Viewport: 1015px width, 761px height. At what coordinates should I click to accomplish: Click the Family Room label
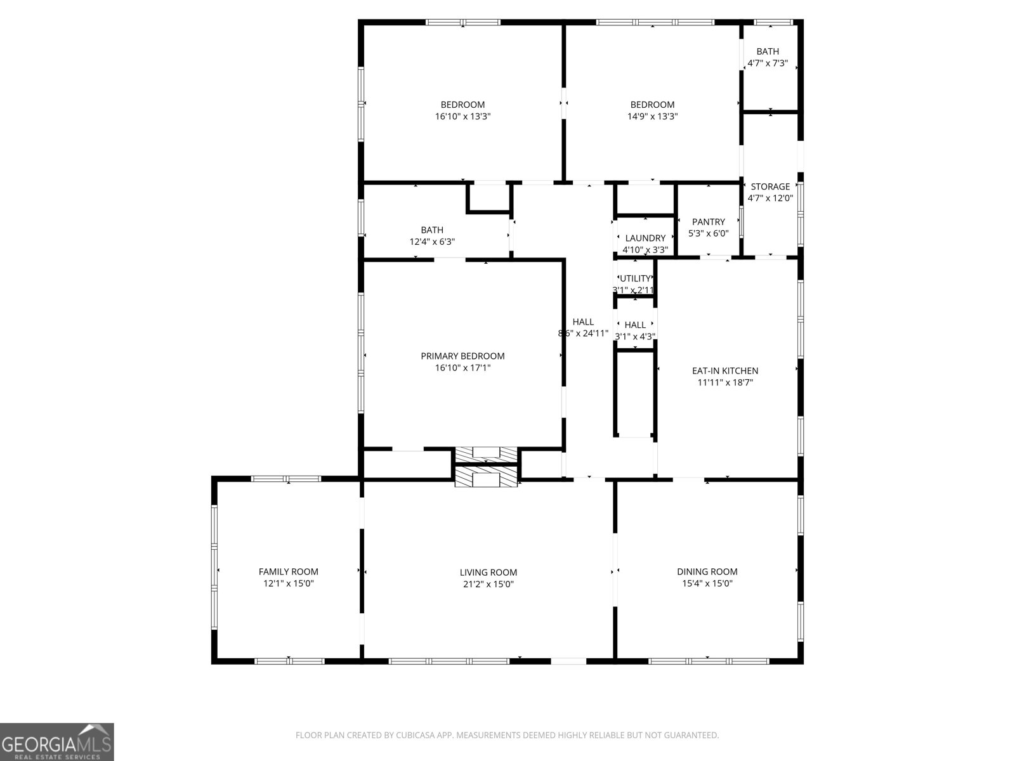pos(288,571)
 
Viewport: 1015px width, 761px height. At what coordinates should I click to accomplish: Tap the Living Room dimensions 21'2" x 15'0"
pos(488,584)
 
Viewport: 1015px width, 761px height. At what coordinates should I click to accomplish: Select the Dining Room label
pos(707,571)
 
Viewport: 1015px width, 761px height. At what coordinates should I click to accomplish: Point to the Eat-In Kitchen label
pos(724,370)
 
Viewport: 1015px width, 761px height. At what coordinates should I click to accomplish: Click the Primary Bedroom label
pos(462,356)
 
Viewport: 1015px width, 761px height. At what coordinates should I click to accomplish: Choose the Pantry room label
pos(708,221)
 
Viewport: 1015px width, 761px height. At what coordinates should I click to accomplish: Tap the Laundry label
pos(645,238)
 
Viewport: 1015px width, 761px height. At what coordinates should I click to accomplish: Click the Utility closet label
pos(635,278)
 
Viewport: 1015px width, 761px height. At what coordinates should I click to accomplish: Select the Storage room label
pos(770,186)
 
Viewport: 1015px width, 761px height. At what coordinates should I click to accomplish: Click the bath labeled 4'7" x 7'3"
pos(768,51)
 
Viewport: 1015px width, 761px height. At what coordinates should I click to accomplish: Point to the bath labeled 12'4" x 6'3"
pos(432,230)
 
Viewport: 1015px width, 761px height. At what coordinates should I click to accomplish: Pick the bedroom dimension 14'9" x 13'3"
pos(652,117)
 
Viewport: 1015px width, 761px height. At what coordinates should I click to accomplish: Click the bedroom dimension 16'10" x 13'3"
pos(462,117)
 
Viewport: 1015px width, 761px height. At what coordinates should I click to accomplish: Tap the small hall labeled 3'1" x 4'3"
pos(635,325)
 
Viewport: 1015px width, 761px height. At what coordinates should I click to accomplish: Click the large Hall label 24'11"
pos(583,322)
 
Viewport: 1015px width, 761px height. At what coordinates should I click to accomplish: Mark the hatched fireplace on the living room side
pos(487,478)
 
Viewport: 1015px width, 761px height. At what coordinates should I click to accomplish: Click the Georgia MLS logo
pos(57,741)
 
